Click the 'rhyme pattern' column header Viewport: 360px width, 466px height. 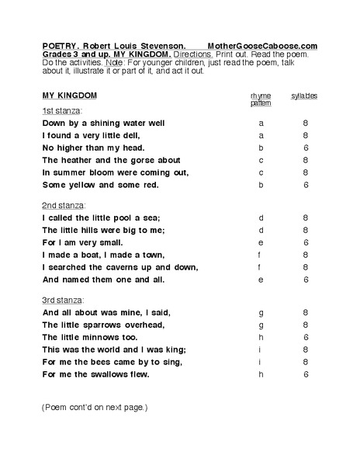point(260,99)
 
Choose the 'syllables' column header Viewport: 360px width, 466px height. point(305,96)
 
